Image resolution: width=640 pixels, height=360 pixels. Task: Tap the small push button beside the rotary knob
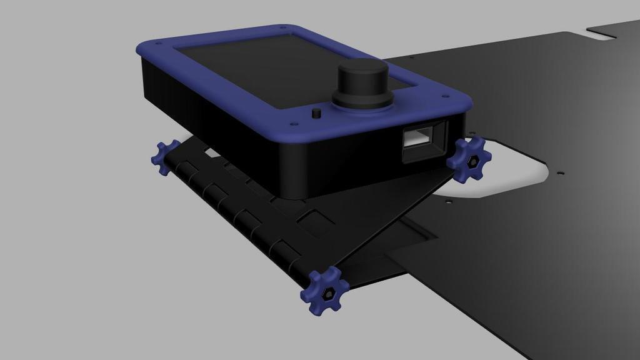[x=316, y=113]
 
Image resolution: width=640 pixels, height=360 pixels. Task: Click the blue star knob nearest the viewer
[x=324, y=291]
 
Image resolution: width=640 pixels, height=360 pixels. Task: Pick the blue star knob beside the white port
[x=469, y=159]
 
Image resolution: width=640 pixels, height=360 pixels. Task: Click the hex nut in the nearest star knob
[x=326, y=292]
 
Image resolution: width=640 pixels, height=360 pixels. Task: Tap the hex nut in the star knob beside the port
[x=472, y=161]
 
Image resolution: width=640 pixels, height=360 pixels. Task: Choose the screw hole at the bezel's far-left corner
[x=157, y=43]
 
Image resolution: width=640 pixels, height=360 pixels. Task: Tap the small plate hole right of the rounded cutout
[x=561, y=172]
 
